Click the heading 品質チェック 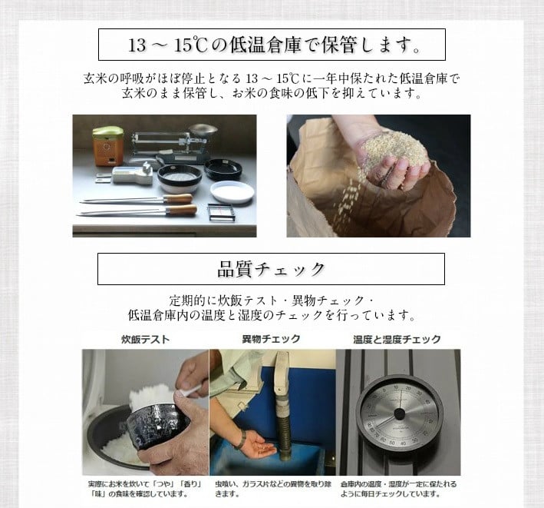(x=271, y=269)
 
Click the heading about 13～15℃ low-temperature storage (x=274, y=45)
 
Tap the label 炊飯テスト (x=146, y=339)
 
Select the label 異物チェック (x=271, y=339)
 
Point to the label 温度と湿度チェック (x=397, y=339)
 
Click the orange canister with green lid (x=108, y=146)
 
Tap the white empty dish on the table (x=232, y=192)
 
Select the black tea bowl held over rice (x=158, y=427)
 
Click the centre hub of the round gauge (x=399, y=413)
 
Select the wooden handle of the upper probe (x=178, y=199)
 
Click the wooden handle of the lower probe (x=181, y=210)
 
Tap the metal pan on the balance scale (x=203, y=130)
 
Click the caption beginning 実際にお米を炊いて (x=145, y=489)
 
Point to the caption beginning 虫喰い (x=273, y=489)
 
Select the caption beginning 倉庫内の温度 (x=398, y=489)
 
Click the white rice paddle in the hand (x=189, y=392)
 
